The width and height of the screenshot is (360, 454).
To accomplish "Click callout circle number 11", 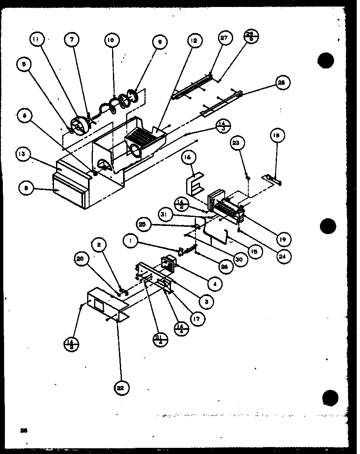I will (x=36, y=40).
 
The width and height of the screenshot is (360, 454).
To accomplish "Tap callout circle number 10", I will (x=111, y=40).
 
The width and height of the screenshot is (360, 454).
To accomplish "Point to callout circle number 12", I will (x=193, y=40).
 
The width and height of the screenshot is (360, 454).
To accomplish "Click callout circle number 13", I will (x=22, y=154).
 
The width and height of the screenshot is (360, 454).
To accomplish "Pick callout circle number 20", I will (x=80, y=258).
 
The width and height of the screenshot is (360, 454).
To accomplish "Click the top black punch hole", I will (x=326, y=60).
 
